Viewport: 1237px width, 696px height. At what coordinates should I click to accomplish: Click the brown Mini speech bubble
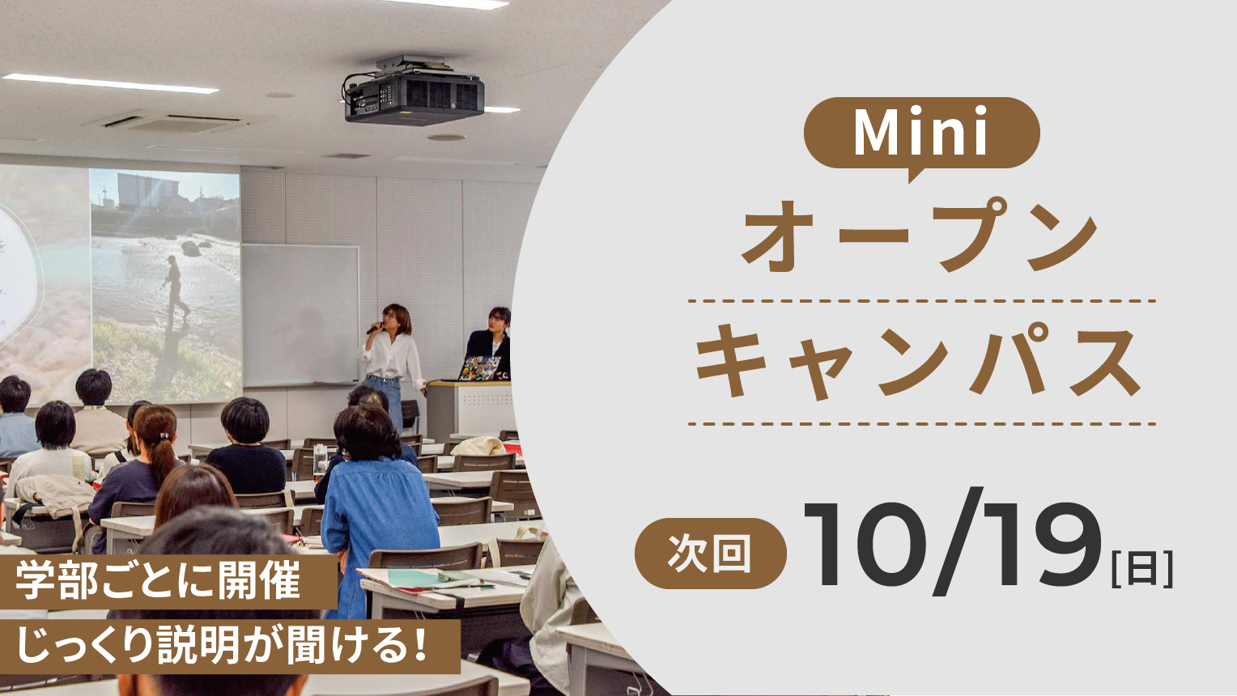pos(921,134)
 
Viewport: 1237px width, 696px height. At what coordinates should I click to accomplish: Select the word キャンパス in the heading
pos(918,362)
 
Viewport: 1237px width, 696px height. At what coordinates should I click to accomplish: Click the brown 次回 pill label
pos(710,553)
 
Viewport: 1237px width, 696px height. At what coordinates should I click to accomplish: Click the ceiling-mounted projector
pos(414,91)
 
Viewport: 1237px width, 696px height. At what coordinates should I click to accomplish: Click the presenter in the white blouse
pos(392,364)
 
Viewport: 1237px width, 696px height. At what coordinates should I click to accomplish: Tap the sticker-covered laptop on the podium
pos(479,368)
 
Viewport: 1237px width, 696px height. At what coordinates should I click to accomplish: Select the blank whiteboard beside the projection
pos(300,315)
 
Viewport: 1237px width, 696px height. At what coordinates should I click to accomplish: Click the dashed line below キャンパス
pos(921,424)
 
